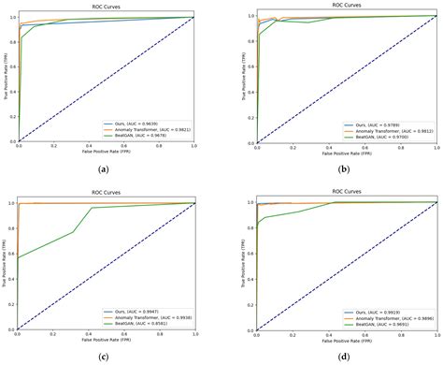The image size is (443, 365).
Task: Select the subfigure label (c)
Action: [x=103, y=357]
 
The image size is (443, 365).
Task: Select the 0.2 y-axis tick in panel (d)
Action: [x=249, y=304]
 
